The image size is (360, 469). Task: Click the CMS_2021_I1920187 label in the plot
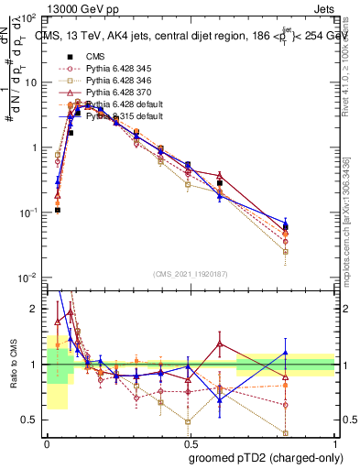pyautogui.click(x=190, y=274)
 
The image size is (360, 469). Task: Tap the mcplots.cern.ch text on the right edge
pyautogui.click(x=352, y=234)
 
